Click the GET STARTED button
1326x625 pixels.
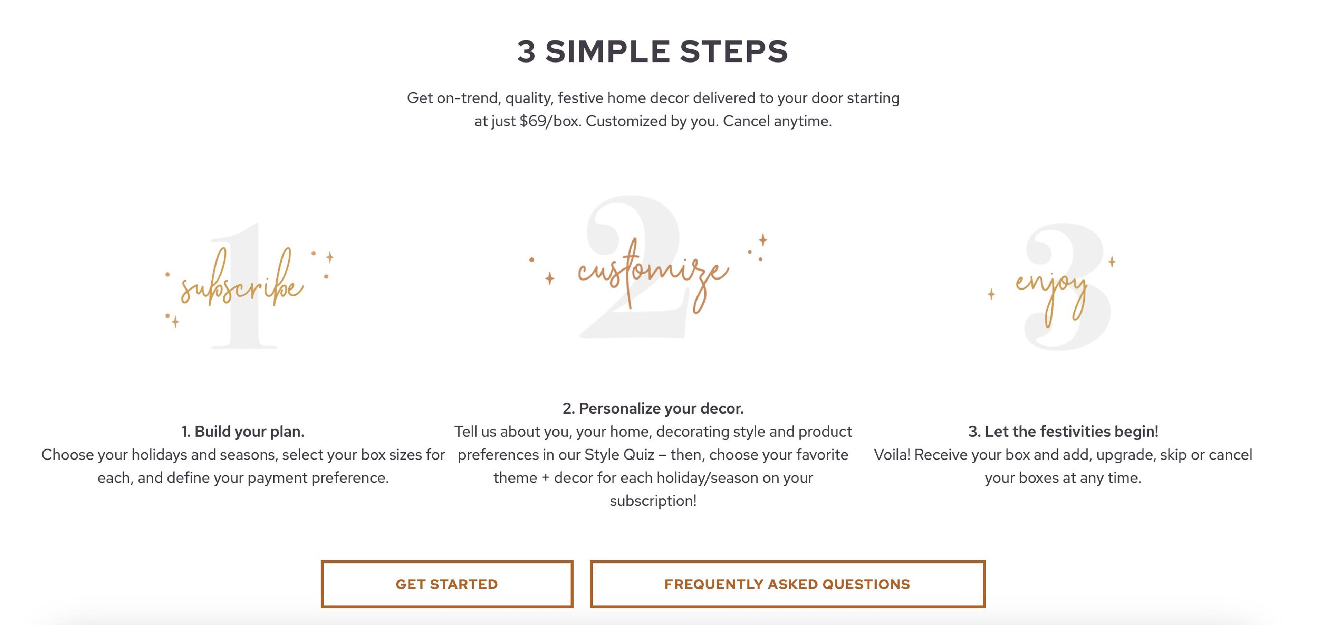point(447,584)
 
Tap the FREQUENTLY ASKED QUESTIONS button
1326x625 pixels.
point(787,584)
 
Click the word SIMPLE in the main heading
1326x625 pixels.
point(607,51)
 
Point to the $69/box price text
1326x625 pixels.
point(550,121)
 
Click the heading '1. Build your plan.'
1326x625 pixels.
point(243,432)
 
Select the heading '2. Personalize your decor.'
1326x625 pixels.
point(653,408)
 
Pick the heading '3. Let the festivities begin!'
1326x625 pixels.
point(1063,432)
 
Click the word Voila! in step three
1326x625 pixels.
point(892,455)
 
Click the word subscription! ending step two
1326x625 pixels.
point(653,501)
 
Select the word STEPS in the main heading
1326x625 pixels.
point(734,51)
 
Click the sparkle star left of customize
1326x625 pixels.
point(550,278)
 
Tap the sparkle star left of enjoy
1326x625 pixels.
point(991,294)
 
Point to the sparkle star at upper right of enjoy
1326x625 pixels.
point(1112,262)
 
